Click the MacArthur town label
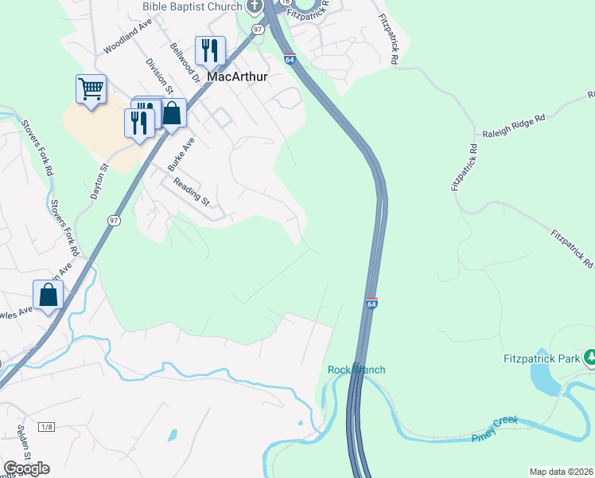236,77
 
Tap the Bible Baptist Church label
192,6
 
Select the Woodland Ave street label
127,37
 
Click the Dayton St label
100,182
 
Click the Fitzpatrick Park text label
542,359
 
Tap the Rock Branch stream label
356,370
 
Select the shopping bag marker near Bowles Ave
49,294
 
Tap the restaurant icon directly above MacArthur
210,50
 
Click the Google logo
26,468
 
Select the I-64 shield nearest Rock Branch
371,304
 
